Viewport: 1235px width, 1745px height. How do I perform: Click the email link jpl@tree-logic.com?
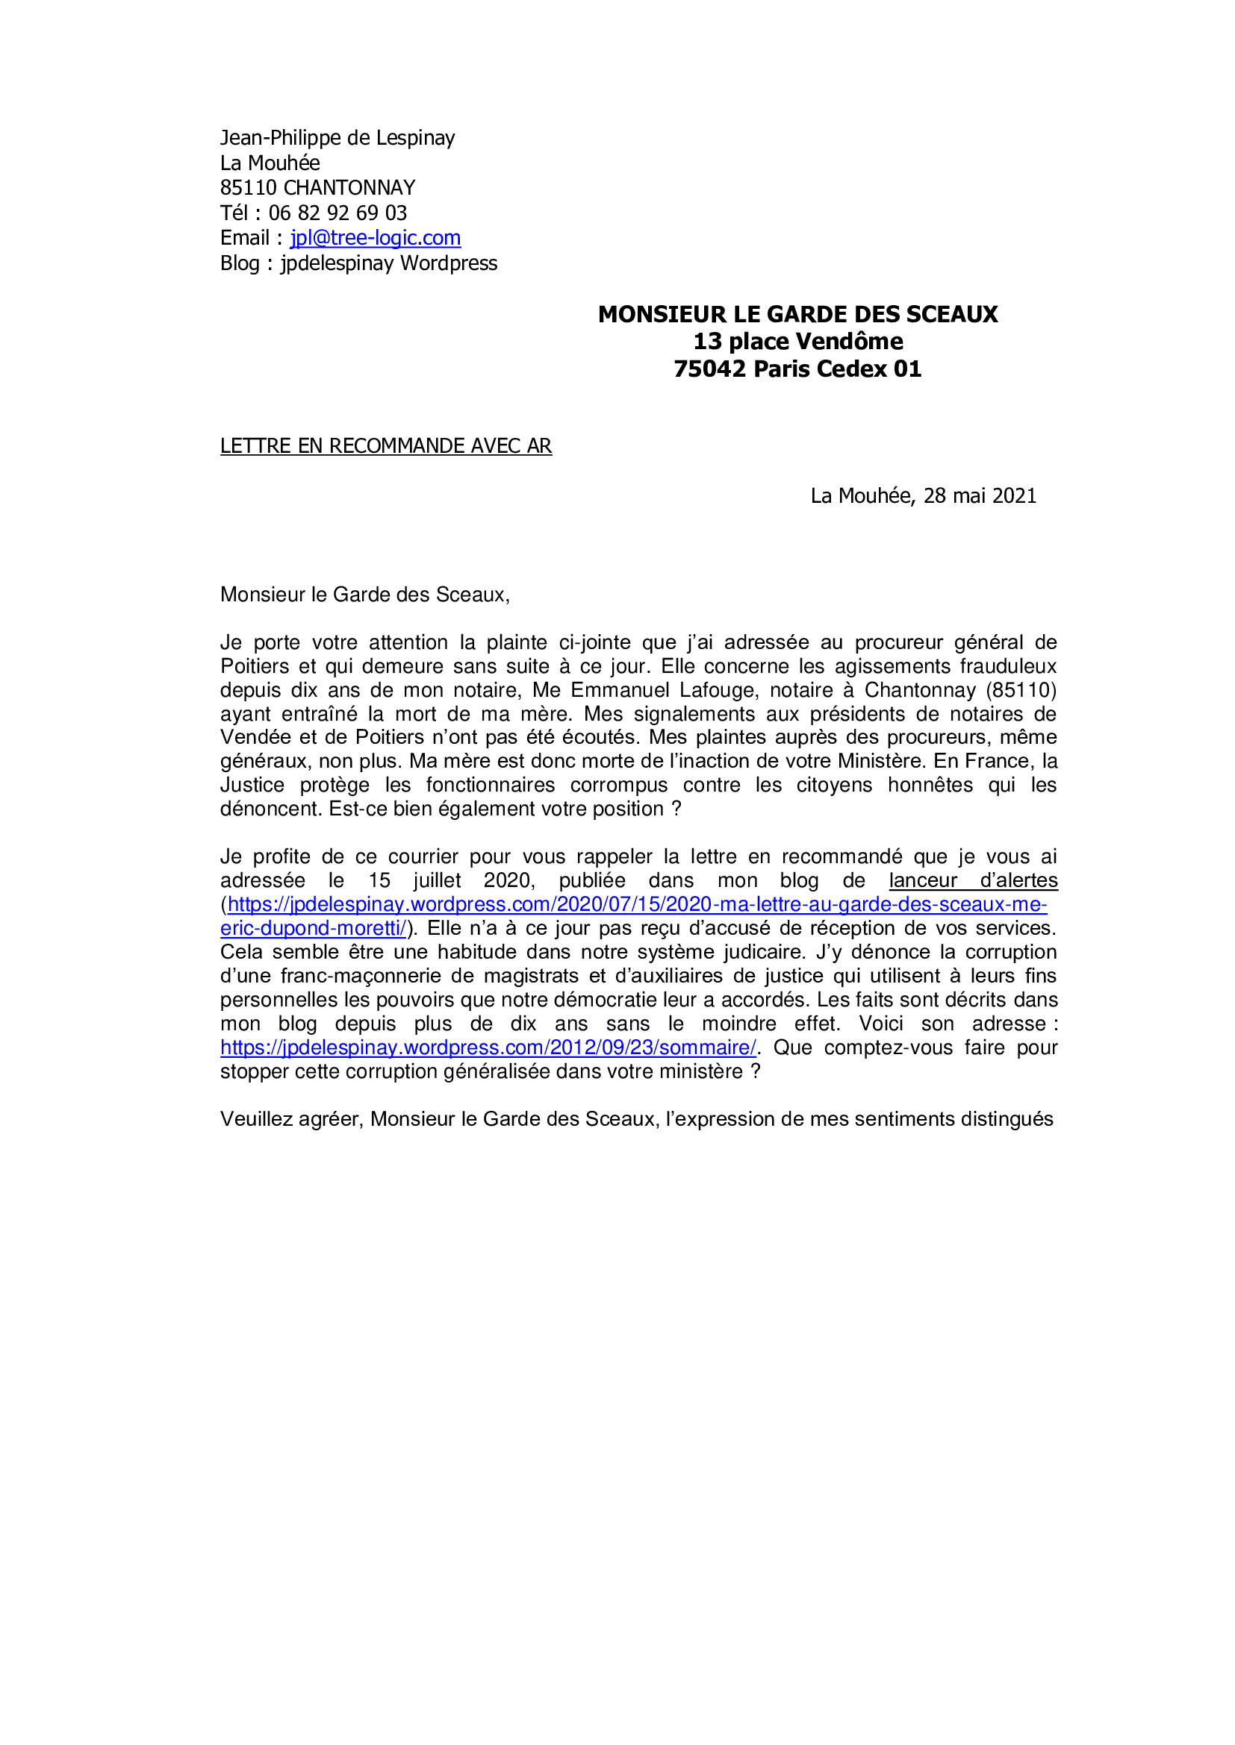pyautogui.click(x=375, y=238)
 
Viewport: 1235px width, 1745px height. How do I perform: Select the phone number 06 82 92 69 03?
pyautogui.click(x=337, y=213)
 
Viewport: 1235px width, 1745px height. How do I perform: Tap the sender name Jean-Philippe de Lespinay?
pyautogui.click(x=337, y=137)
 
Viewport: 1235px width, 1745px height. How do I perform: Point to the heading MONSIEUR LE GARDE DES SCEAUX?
pyautogui.click(x=797, y=314)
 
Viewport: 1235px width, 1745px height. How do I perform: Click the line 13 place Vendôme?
pyautogui.click(x=797, y=341)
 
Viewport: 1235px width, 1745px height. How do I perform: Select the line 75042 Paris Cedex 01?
pyautogui.click(x=797, y=369)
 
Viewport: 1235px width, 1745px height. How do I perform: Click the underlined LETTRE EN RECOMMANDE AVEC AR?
pyautogui.click(x=385, y=446)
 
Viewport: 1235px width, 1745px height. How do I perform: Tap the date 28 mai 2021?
pyautogui.click(x=980, y=495)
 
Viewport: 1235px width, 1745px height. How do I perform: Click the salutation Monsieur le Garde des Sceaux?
pyautogui.click(x=364, y=595)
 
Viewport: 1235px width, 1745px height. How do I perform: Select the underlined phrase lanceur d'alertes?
pyautogui.click(x=973, y=880)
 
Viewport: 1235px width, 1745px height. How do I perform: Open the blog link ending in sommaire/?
pyautogui.click(x=488, y=1047)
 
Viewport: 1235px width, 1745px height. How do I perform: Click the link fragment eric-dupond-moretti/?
pyautogui.click(x=314, y=928)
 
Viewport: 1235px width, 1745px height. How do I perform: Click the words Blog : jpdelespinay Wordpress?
pyautogui.click(x=358, y=263)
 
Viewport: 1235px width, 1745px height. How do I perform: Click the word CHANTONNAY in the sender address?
pyautogui.click(x=349, y=188)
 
